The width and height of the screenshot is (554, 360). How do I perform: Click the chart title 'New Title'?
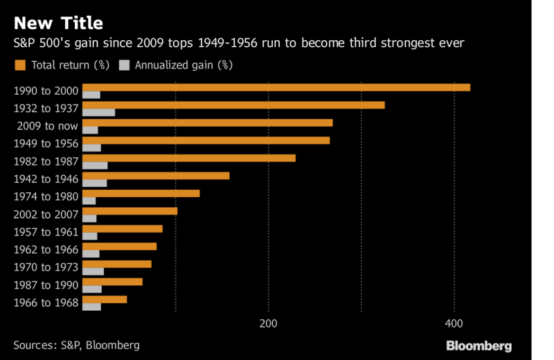pos(58,23)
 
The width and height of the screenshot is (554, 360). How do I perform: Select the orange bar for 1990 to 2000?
pos(276,87)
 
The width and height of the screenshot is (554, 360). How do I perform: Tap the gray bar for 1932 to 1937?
pos(98,112)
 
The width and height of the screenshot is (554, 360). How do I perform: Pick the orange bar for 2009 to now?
pos(208,123)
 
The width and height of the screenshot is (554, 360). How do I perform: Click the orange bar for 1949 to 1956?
pos(206,141)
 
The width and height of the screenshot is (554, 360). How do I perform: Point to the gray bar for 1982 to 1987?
pos(95,165)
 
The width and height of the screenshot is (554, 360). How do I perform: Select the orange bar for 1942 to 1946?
pos(156,176)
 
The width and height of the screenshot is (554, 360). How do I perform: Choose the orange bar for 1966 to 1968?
pos(105,299)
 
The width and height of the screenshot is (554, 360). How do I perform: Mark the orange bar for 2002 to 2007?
pos(130,211)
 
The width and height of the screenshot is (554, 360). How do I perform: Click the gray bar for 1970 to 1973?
pos(93,271)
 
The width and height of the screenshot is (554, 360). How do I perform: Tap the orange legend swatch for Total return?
pos(19,66)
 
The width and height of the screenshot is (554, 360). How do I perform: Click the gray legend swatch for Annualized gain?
pos(125,66)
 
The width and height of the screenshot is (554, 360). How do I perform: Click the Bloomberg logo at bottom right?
pos(479,345)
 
